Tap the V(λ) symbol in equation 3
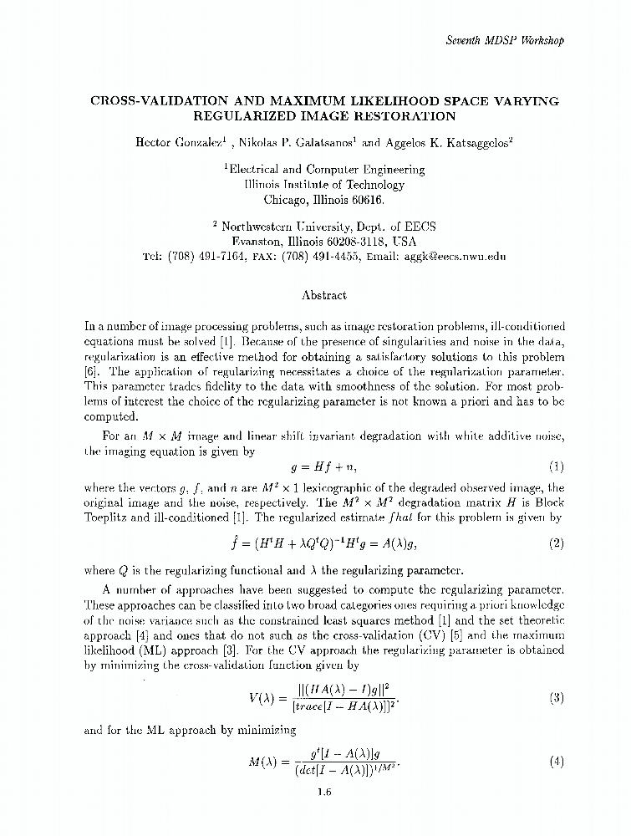pyautogui.click(x=266, y=698)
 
